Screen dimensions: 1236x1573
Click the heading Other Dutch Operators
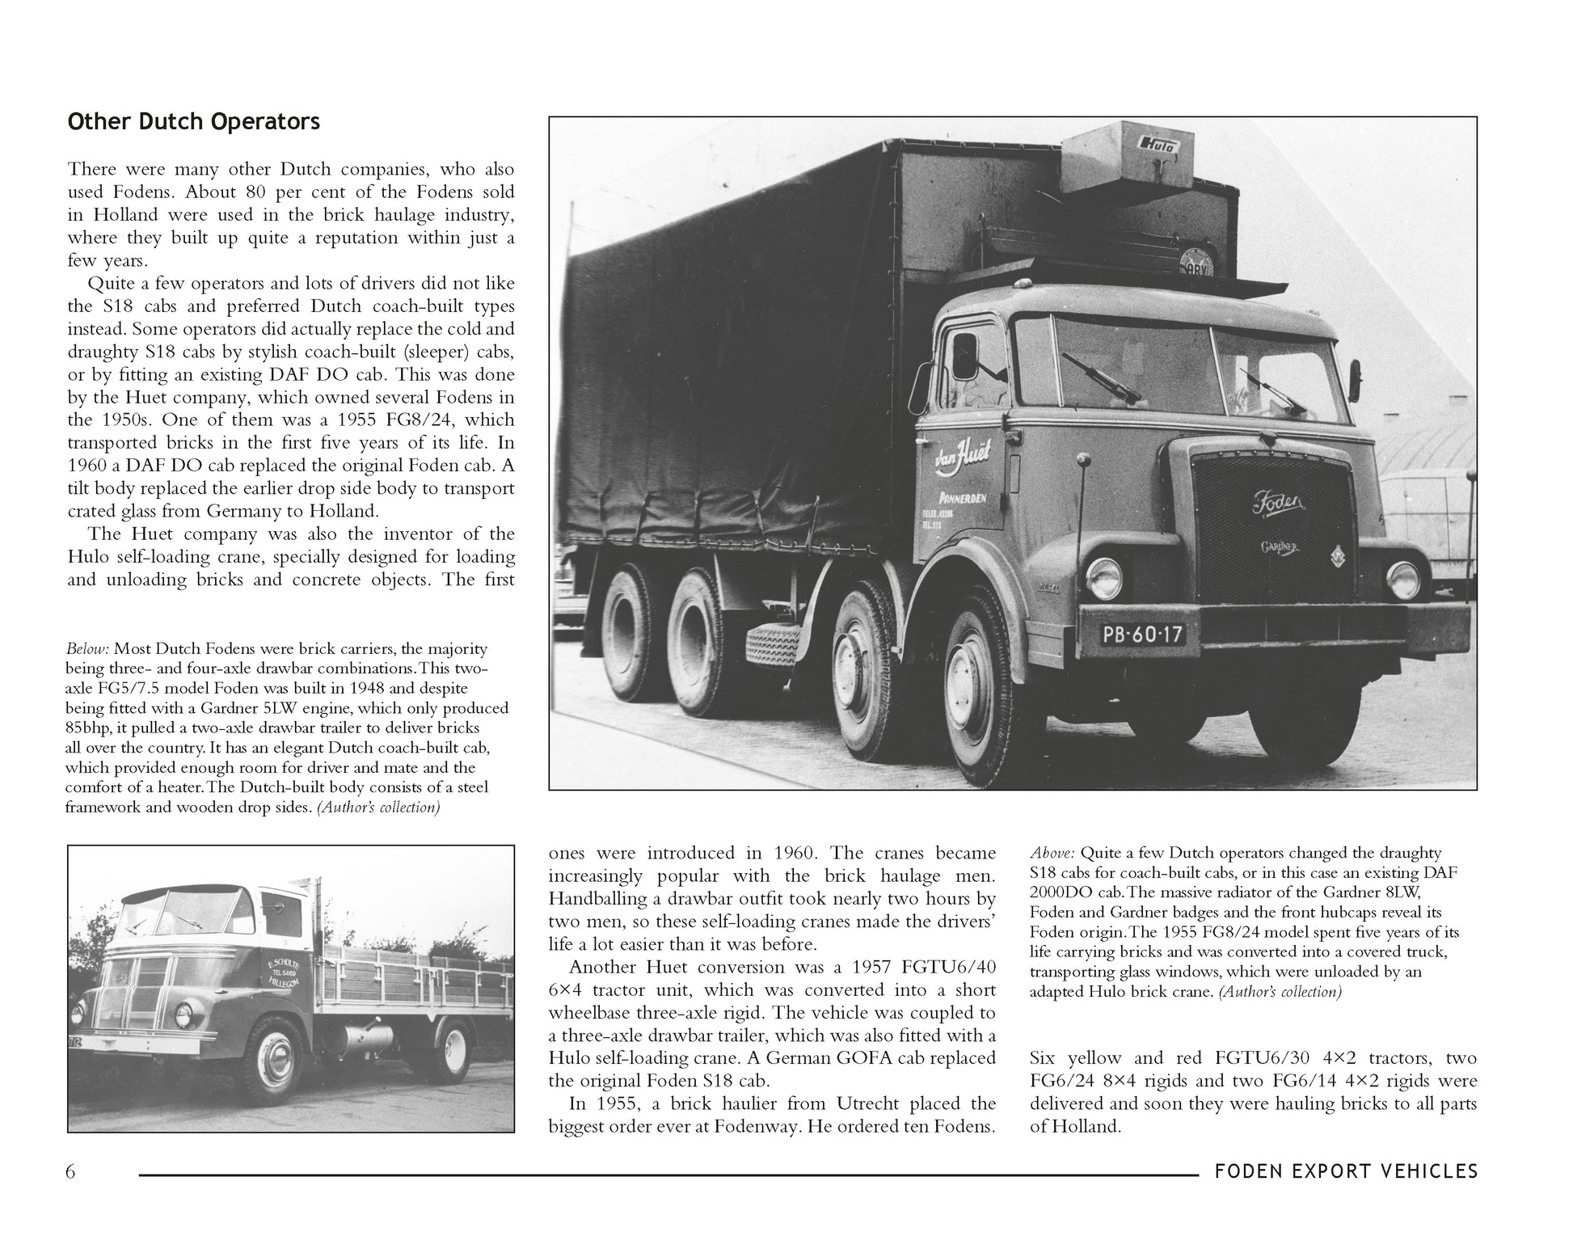click(x=194, y=122)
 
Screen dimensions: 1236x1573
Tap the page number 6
click(x=71, y=1171)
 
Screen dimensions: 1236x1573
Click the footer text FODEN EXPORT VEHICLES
click(x=1346, y=1171)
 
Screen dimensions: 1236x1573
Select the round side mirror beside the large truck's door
click(x=966, y=355)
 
